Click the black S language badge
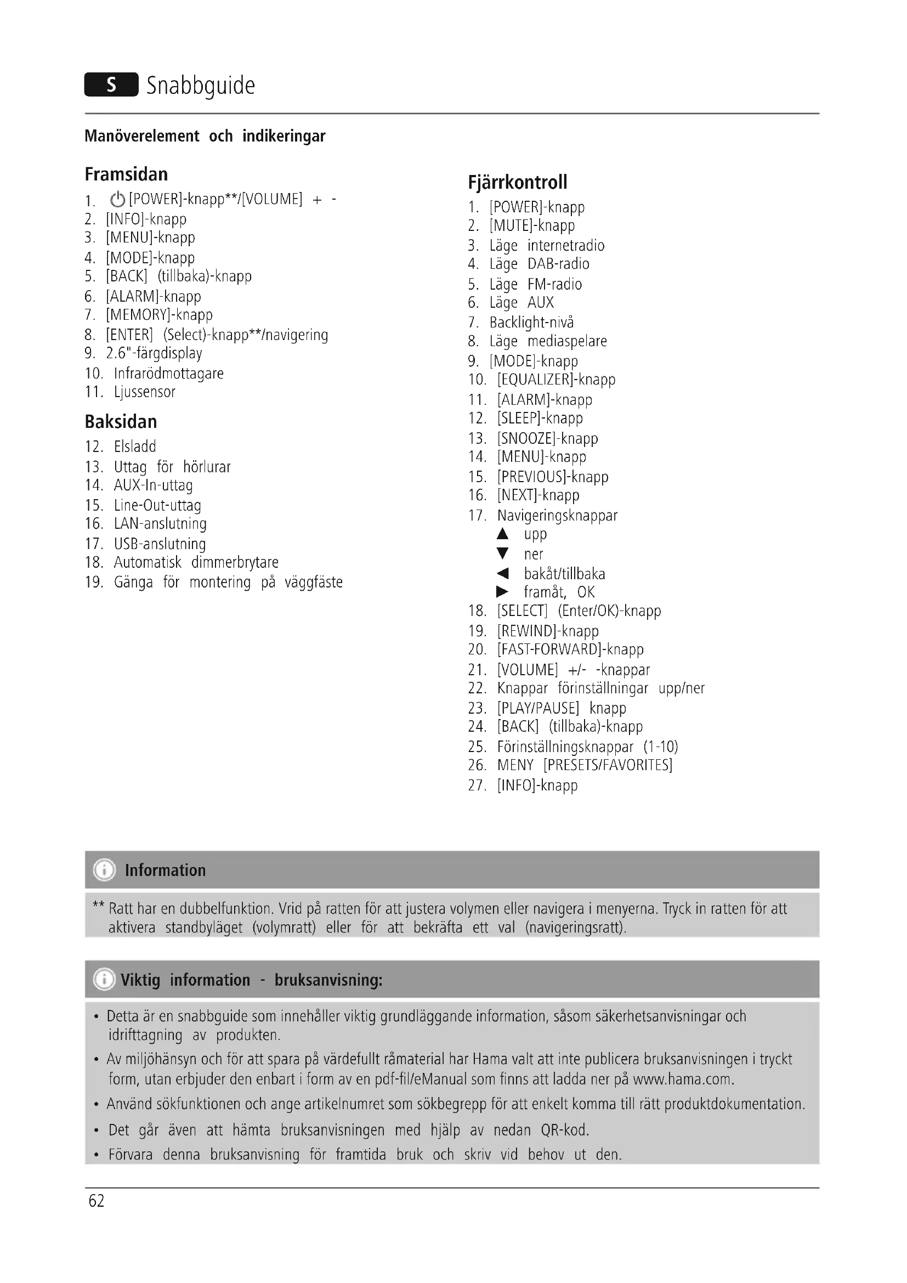(x=111, y=84)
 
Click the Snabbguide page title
(x=201, y=86)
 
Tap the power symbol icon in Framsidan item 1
(x=117, y=200)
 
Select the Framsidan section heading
(x=126, y=174)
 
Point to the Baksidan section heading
(x=121, y=421)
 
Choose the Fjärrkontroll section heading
(x=517, y=182)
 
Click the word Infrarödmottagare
(x=169, y=374)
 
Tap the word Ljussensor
(x=145, y=392)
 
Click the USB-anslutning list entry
(x=160, y=544)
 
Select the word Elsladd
(x=135, y=446)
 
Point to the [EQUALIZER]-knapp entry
(x=556, y=380)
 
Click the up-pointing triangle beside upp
(x=503, y=534)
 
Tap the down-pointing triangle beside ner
(x=503, y=554)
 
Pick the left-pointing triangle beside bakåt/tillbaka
(x=503, y=573)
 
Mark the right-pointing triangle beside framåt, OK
(x=503, y=592)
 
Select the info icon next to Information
(x=104, y=870)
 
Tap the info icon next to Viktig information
(x=104, y=980)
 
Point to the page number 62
(x=97, y=1201)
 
